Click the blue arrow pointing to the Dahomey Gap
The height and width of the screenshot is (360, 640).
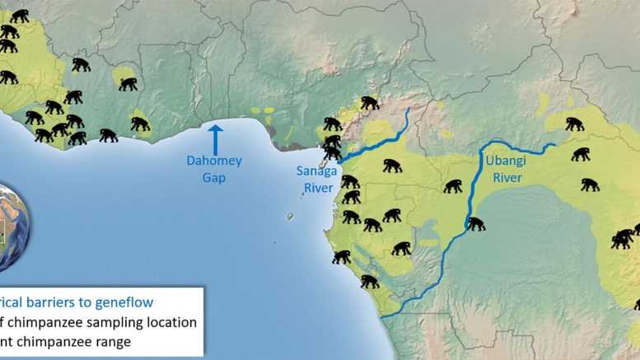point(215,136)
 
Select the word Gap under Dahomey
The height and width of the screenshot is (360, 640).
point(214,178)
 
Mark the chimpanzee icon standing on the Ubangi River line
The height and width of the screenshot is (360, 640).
point(475,222)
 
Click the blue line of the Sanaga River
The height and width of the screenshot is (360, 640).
point(379,137)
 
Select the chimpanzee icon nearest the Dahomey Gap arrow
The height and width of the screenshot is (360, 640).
point(141,124)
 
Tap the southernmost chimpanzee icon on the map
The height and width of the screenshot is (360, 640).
point(369,282)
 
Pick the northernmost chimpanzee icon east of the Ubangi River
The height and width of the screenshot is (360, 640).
point(574,124)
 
